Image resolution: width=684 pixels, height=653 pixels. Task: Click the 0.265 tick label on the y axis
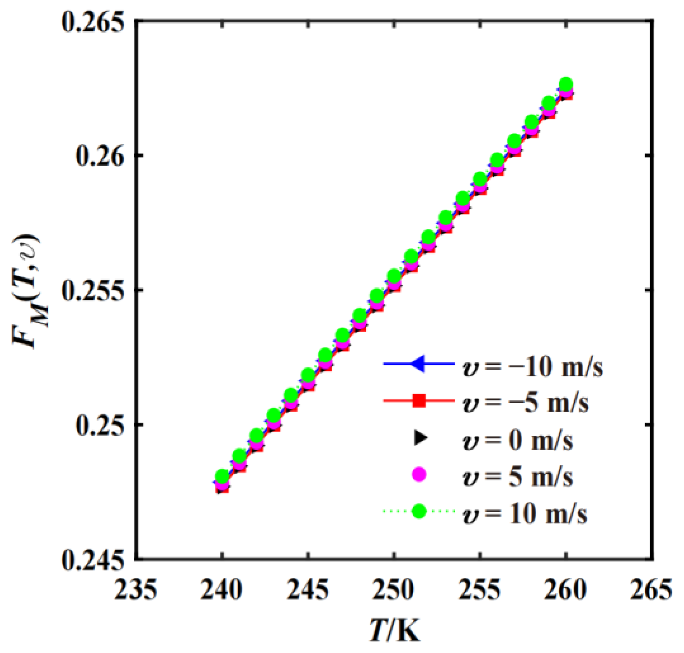(x=94, y=21)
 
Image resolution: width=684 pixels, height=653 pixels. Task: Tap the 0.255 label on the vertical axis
(x=94, y=290)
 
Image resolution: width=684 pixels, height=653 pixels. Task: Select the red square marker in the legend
(x=419, y=400)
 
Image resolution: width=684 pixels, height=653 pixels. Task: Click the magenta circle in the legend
(x=419, y=475)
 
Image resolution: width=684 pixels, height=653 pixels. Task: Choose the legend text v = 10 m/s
(x=525, y=514)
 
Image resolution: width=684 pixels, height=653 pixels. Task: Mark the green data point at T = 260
(x=566, y=84)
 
